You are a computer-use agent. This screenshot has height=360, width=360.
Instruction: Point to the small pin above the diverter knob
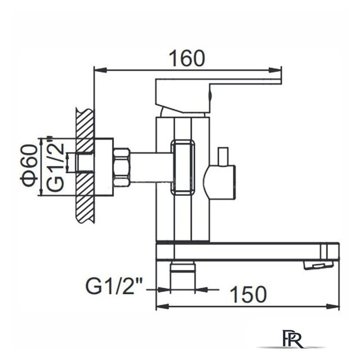click(224, 155)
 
